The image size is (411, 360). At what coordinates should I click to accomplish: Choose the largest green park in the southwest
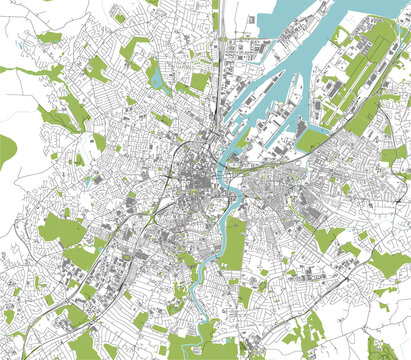(62, 232)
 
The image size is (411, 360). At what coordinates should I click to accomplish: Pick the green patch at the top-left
(48, 37)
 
